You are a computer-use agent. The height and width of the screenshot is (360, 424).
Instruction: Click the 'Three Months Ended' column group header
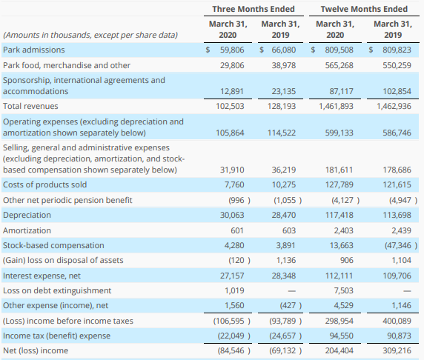[254, 9]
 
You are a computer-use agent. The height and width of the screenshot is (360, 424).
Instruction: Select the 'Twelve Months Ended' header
[364, 9]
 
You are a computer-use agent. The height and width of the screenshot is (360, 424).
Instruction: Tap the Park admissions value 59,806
[232, 50]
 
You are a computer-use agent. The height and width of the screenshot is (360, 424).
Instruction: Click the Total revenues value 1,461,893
[336, 106]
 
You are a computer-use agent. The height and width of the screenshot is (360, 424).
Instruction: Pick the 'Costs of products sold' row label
[45, 184]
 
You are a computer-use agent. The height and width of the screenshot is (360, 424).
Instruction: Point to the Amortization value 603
[289, 230]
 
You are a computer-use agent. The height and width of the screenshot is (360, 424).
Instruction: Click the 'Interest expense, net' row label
[42, 276]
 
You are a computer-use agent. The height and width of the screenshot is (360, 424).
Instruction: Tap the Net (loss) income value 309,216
[397, 350]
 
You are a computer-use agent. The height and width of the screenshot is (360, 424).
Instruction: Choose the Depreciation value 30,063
[232, 215]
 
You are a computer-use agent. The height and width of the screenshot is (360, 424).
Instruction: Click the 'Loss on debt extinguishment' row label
[57, 290]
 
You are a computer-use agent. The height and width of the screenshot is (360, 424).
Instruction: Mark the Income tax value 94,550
[341, 336]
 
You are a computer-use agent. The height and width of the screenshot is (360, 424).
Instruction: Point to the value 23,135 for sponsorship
[284, 91]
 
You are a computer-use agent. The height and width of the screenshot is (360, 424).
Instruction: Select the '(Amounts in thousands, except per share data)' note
[90, 35]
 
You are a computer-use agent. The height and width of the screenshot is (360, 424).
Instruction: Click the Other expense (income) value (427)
[291, 305]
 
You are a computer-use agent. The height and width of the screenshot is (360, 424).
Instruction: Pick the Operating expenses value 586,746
[397, 133]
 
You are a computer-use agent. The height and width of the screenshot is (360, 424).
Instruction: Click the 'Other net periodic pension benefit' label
[67, 200]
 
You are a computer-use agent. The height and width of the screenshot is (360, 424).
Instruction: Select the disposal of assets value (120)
[239, 260]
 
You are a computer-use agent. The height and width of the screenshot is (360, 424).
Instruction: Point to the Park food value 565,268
[339, 65]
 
